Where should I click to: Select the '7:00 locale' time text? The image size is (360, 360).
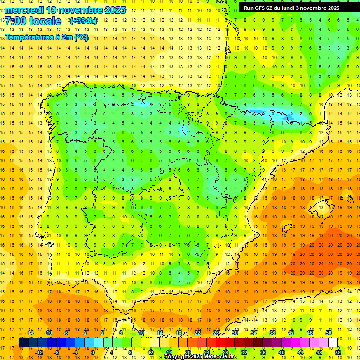pos(33,21)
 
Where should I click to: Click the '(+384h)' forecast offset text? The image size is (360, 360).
pos(83,21)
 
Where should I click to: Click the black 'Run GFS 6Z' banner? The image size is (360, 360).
pos(296,8)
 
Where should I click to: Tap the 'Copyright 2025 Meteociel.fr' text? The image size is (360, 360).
pos(200,357)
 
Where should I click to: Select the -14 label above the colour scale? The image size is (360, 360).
pos(31,333)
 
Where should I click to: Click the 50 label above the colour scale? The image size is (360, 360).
pos(329,333)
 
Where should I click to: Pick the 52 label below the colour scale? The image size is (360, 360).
pos(337,352)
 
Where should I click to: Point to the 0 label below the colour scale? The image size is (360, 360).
pos(92,352)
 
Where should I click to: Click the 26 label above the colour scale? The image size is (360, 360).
pos(216,333)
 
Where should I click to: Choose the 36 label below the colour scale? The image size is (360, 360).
pos(263,352)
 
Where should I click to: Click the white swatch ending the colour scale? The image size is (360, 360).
pos(333,342)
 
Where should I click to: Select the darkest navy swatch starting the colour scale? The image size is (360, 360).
pos(23,342)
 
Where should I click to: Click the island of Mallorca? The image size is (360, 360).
pos(320,207)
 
